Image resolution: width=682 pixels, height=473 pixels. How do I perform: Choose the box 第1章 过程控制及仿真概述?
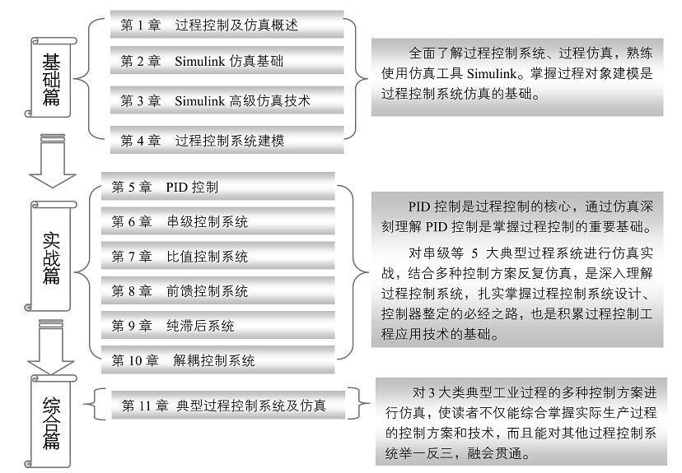226,26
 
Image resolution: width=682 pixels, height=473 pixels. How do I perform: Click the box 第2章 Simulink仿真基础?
226,62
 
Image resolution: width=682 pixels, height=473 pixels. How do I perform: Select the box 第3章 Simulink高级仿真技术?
226,100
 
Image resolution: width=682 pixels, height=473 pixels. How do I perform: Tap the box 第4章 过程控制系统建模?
226,140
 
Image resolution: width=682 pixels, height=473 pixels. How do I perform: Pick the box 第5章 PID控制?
217,187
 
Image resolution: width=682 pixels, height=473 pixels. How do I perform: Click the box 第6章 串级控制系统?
217,221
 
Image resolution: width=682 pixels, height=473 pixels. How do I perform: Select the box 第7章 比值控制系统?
217,257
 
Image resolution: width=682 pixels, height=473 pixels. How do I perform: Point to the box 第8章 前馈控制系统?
217,291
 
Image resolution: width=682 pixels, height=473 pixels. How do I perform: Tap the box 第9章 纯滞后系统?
217,326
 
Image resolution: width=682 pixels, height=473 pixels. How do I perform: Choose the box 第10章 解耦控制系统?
217,360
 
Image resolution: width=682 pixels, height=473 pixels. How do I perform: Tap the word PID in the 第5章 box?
177,187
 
